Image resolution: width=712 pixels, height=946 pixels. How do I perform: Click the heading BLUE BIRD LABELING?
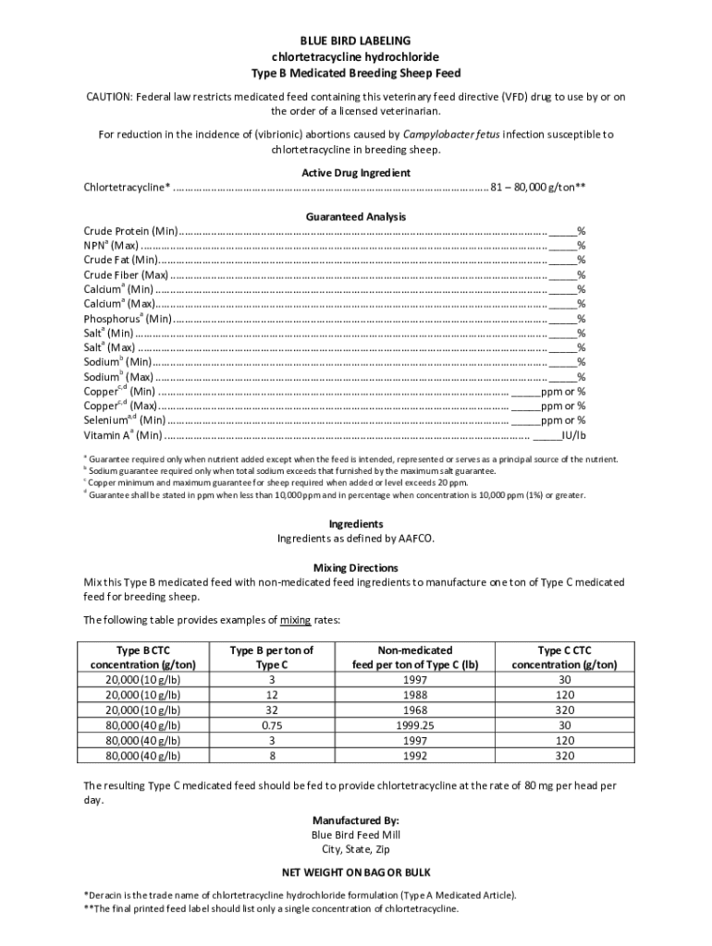355,42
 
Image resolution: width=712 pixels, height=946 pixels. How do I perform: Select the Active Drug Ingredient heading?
355,173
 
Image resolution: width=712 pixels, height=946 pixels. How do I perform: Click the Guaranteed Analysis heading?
355,216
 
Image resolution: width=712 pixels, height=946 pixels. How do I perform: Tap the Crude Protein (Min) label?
130,231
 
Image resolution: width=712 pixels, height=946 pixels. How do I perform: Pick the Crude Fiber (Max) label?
126,274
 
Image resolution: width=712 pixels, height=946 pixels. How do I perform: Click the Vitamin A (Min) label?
122,435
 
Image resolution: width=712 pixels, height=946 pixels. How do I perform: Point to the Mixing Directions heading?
355,567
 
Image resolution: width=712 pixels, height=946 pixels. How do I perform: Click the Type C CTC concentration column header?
564,657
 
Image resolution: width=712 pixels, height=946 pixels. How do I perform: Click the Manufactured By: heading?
355,820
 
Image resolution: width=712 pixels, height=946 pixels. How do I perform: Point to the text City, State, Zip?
355,849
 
